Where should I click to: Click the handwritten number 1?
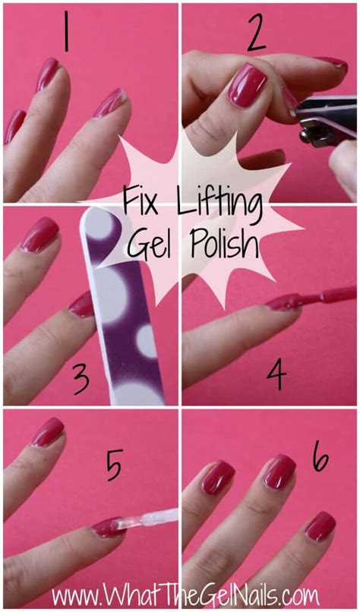[x=66, y=32]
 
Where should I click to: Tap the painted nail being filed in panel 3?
[x=81, y=304]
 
